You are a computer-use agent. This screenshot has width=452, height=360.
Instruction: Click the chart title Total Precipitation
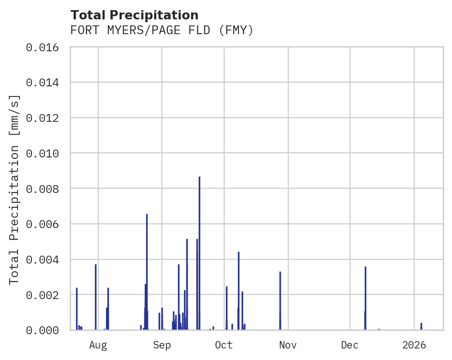[134, 15]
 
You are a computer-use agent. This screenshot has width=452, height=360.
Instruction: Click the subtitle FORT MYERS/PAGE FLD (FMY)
[162, 30]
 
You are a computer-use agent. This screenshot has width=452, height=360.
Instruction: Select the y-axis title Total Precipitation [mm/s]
[15, 189]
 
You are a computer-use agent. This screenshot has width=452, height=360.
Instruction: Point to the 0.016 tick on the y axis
[45, 47]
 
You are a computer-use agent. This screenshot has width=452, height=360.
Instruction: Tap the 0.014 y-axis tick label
[45, 83]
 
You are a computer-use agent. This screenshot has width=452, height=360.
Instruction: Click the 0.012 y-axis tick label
[45, 118]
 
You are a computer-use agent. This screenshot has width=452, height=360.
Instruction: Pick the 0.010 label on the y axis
[45, 153]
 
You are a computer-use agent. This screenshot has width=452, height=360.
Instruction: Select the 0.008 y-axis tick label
[45, 189]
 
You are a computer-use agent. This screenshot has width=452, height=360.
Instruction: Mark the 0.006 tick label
[45, 224]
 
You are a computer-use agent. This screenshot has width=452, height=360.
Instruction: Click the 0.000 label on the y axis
[45, 330]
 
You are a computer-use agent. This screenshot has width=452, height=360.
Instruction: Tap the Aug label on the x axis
[98, 345]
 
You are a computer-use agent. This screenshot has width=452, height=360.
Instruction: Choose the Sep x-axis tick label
[162, 345]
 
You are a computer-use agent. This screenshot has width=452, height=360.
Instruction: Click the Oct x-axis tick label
[224, 345]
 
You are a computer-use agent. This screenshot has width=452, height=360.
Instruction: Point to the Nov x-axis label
[287, 345]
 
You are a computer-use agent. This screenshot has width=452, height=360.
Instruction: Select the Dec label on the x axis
[350, 345]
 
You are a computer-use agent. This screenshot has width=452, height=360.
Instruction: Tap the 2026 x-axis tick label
[414, 345]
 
